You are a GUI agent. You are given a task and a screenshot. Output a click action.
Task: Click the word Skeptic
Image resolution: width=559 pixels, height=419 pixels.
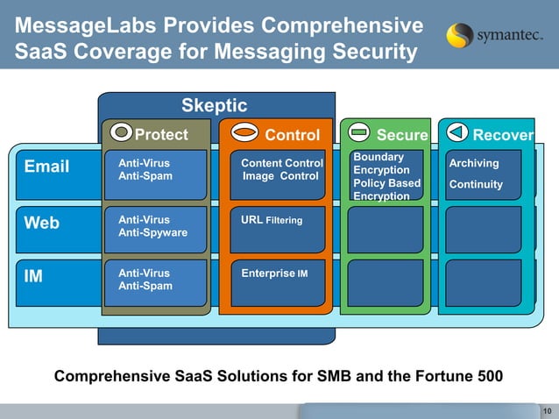(x=214, y=106)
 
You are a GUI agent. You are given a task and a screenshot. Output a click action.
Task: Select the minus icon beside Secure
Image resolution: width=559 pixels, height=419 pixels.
(x=357, y=134)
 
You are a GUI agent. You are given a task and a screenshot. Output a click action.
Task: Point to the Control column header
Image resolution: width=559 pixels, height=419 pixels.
(x=292, y=135)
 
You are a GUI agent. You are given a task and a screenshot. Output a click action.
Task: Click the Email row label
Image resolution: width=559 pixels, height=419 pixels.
(x=46, y=167)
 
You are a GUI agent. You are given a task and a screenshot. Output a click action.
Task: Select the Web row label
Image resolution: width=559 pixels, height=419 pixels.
(x=41, y=223)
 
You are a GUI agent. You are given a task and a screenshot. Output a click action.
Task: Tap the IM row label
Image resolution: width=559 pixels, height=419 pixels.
(x=33, y=277)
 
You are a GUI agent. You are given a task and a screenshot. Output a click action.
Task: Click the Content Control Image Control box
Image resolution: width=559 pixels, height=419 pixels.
(x=282, y=170)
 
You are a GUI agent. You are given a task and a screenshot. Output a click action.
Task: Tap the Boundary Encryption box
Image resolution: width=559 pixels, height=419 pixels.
(x=386, y=175)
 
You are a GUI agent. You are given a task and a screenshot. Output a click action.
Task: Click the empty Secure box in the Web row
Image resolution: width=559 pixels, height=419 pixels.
(x=386, y=230)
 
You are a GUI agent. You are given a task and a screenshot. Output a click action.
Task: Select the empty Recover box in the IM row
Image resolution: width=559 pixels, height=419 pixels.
(x=483, y=283)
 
